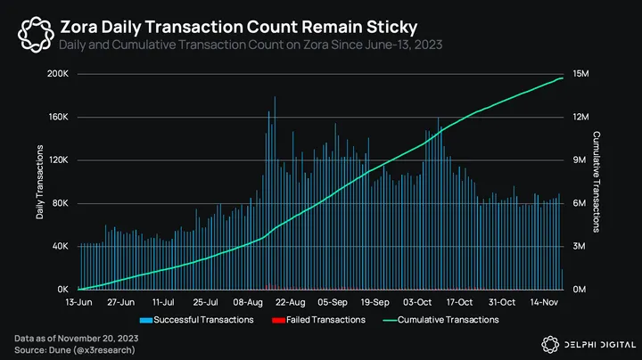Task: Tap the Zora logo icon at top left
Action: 34,35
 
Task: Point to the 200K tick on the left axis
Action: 58,74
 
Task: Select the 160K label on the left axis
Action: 58,118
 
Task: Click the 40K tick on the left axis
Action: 60,247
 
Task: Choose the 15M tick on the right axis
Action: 580,74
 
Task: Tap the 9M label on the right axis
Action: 578,160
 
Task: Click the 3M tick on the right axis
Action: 578,247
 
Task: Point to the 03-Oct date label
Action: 417,302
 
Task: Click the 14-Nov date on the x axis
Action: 545,302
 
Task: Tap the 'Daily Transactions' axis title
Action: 39,182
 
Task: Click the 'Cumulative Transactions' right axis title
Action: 596,182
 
